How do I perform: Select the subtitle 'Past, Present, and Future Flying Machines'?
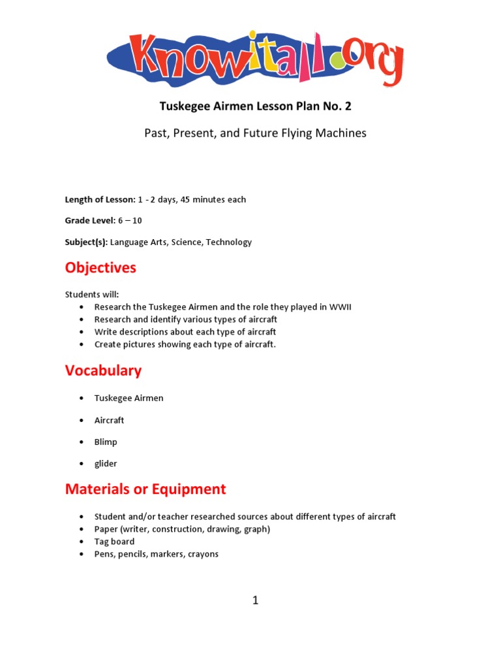255,133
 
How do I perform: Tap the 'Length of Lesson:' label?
100,199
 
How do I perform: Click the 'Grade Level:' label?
89,220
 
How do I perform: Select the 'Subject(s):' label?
86,242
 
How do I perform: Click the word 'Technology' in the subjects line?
228,242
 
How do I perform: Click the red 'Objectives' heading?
100,268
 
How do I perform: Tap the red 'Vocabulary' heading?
103,370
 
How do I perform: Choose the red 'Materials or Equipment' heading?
145,489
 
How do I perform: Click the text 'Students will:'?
92,295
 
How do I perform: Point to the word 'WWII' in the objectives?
339,307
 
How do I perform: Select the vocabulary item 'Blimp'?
106,442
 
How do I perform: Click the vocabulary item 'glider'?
106,463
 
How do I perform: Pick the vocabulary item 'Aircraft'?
109,420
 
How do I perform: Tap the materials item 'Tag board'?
114,542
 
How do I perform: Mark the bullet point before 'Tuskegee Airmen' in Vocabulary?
81,399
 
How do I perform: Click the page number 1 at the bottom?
255,600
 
